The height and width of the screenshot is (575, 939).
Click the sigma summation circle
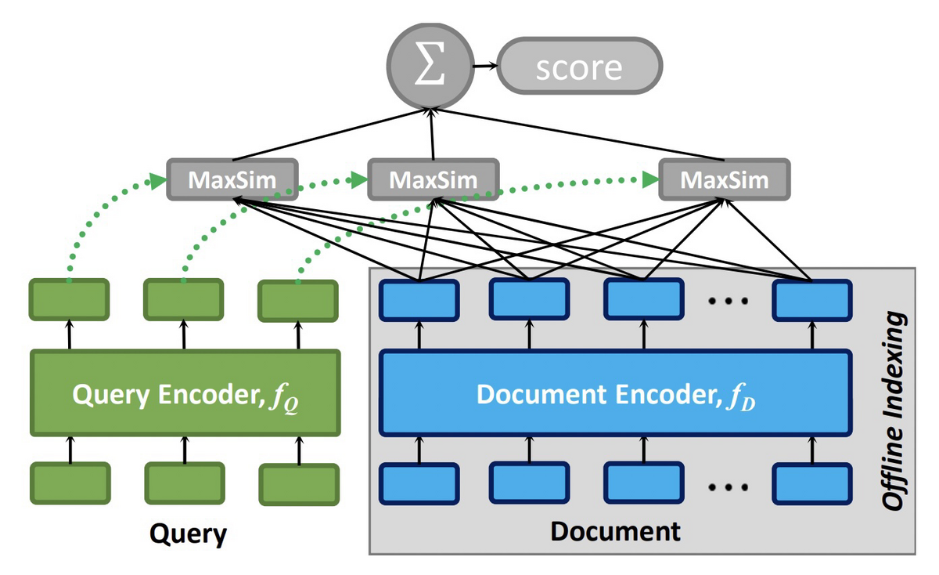(x=430, y=66)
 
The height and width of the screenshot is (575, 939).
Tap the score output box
(x=579, y=66)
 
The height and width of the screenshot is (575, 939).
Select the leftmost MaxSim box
(x=232, y=179)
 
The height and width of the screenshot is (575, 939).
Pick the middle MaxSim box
(x=434, y=179)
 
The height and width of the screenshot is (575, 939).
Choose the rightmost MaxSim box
(x=725, y=179)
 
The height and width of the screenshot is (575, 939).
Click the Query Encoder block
(x=185, y=392)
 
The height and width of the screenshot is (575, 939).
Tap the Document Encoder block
(x=616, y=392)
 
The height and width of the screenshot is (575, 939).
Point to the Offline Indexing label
(x=894, y=411)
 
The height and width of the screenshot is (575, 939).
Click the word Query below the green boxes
(x=189, y=533)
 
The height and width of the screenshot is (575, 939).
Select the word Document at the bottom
(x=615, y=531)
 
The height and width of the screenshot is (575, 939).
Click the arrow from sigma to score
(x=485, y=66)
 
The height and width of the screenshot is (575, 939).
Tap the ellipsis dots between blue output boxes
(x=729, y=301)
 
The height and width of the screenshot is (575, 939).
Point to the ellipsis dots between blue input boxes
(x=729, y=486)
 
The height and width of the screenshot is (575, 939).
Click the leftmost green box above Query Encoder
(x=69, y=300)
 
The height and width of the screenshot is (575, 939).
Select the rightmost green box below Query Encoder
(x=299, y=484)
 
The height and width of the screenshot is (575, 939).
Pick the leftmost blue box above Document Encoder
(x=419, y=301)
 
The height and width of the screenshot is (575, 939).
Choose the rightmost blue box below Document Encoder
(x=812, y=483)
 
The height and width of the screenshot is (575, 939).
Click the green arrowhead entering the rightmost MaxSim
(x=650, y=180)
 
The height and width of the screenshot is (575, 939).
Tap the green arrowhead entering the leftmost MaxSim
(x=158, y=182)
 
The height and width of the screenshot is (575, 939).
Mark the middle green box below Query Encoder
(x=185, y=483)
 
